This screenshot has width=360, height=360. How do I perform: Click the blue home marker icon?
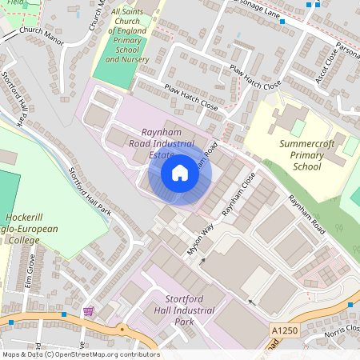(x=180, y=173)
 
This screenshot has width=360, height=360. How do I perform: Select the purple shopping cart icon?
(x=88, y=310)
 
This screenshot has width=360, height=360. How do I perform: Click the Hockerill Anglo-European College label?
(x=30, y=228)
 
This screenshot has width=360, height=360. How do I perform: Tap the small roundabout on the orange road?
(x=122, y=328)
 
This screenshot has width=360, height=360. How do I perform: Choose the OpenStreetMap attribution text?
(x=81, y=354)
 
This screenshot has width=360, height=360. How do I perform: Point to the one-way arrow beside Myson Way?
(x=202, y=260)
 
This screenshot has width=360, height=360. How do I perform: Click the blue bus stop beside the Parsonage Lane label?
(x=282, y=22)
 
